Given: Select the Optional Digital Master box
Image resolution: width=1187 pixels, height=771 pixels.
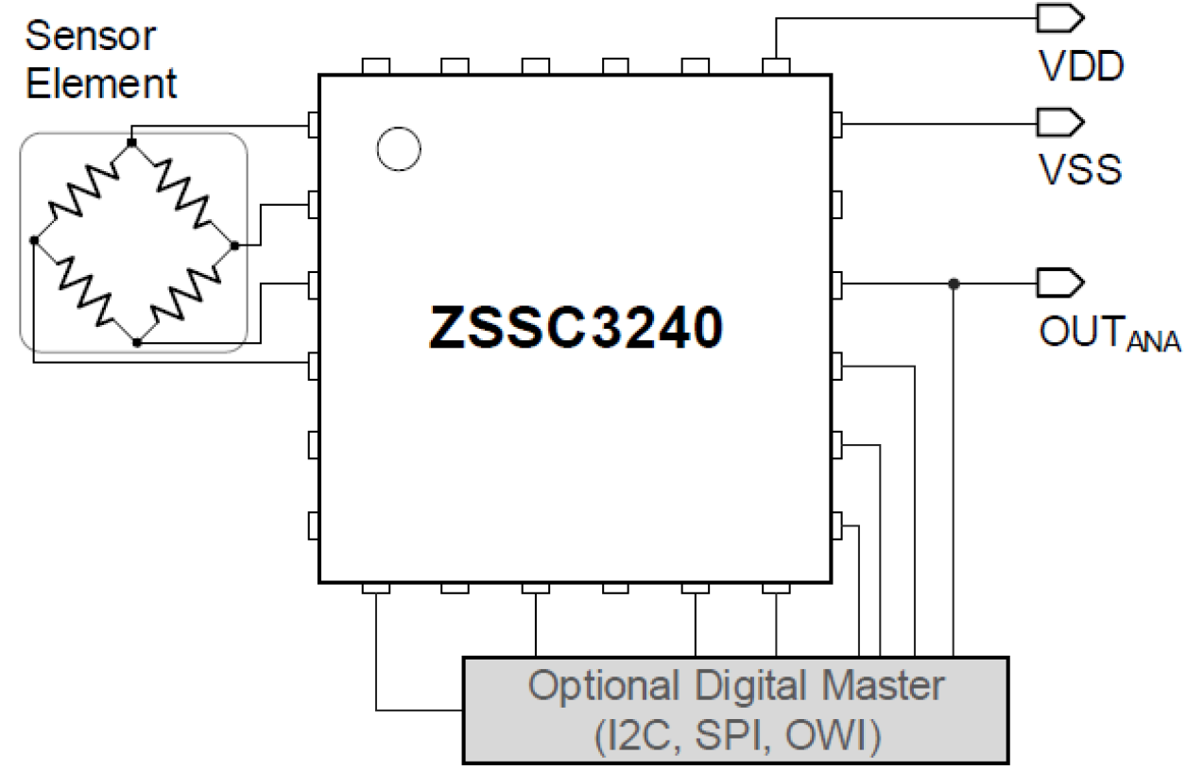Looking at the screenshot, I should pos(736,709).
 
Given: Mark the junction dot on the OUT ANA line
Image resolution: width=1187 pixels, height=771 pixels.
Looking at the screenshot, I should pos(954,283).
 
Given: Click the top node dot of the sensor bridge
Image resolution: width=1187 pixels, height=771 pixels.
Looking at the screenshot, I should pos(131,143).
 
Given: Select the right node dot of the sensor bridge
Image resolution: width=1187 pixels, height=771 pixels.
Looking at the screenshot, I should pos(233,245).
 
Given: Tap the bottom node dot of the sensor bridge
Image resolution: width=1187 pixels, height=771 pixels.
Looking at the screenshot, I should pos(137,343).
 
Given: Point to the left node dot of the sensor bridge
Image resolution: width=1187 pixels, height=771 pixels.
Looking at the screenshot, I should pos(33,241).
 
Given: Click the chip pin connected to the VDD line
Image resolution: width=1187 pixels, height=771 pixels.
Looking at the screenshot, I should pos(776,66).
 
